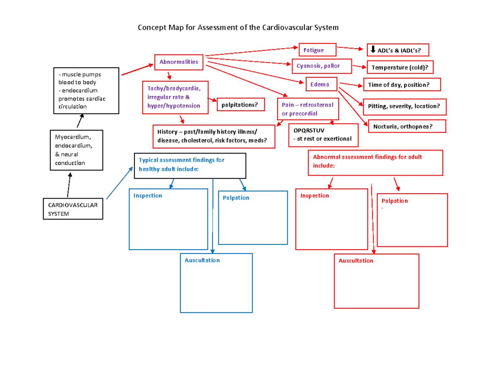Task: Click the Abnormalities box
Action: click(179, 62)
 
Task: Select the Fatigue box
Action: click(317, 50)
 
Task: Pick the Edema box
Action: click(322, 84)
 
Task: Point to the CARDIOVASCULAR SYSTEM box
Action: click(73, 209)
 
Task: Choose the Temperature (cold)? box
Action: click(399, 68)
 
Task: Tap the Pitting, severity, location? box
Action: click(404, 106)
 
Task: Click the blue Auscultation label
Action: click(202, 260)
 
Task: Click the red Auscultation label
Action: click(356, 261)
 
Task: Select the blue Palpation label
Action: click(236, 198)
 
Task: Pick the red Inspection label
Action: click(314, 196)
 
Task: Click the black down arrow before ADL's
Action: click(373, 49)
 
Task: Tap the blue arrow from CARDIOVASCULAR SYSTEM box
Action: click(120, 183)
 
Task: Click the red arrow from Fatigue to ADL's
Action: click(350, 49)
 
